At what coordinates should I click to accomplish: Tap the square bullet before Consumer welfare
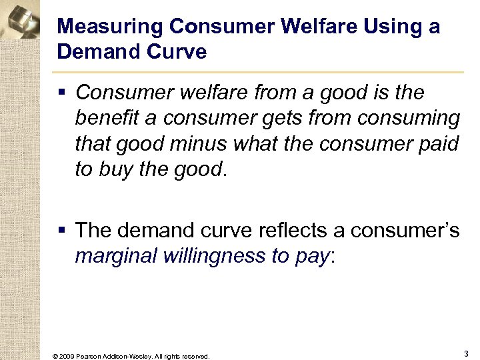(63, 92)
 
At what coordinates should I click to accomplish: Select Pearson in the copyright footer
(89, 356)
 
